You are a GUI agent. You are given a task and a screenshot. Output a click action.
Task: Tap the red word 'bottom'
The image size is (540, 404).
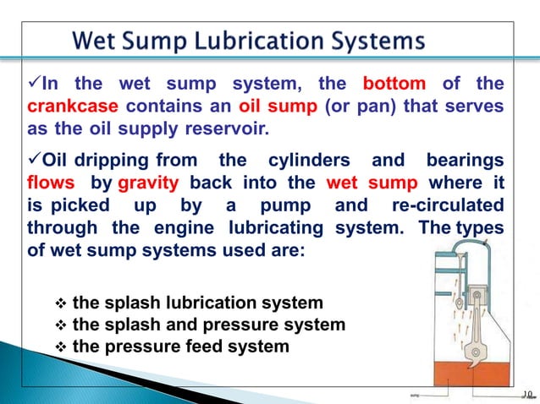point(394,85)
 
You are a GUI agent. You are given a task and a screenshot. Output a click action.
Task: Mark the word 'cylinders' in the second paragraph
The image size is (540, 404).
point(312,160)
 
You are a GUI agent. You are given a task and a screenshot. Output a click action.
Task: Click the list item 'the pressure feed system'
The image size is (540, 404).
point(180,347)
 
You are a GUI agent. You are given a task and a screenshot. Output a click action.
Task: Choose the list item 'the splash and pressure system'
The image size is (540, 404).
point(208,325)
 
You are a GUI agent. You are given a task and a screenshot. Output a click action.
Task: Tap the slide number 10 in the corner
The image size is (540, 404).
point(527,394)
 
